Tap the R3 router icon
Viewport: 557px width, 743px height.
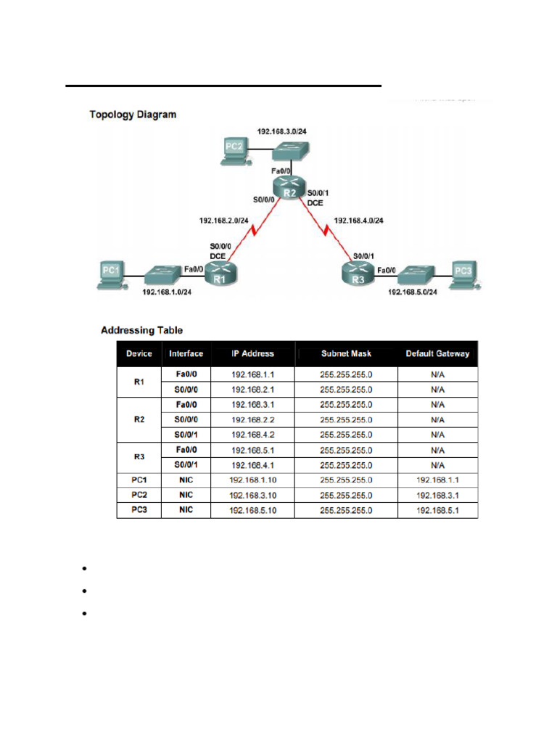pyautogui.click(x=358, y=274)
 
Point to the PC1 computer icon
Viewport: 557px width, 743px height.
pyautogui.click(x=111, y=275)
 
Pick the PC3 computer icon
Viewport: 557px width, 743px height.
pyautogui.click(x=463, y=275)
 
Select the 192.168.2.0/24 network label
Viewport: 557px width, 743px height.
pyautogui.click(x=224, y=220)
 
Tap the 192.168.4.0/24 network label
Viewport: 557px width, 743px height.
pyautogui.click(x=358, y=220)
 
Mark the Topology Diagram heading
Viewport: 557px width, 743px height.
pyautogui.click(x=132, y=115)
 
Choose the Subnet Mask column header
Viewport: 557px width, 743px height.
pyautogui.click(x=346, y=354)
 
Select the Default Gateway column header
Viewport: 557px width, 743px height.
pyautogui.click(x=437, y=354)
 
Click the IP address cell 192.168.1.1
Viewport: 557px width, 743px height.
pyautogui.click(x=252, y=374)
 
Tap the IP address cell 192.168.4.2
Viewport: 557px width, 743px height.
pyautogui.click(x=252, y=435)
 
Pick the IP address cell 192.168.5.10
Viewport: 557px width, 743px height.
pyautogui.click(x=252, y=511)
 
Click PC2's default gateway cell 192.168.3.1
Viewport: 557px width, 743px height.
pyautogui.click(x=437, y=496)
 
